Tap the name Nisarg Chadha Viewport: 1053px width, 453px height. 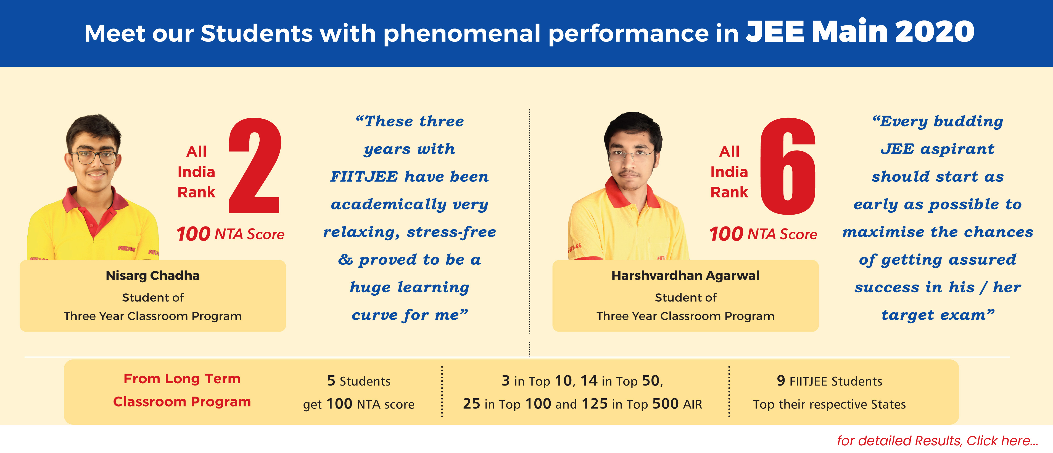click(x=152, y=275)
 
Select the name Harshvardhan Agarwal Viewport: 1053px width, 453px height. click(x=685, y=275)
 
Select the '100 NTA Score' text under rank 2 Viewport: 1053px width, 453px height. click(x=231, y=234)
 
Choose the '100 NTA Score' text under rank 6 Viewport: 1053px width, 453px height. click(x=763, y=234)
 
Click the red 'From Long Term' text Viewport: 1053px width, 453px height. click(x=182, y=379)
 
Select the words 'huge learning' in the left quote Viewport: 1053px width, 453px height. click(x=410, y=287)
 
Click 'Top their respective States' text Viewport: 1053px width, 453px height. click(x=829, y=404)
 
